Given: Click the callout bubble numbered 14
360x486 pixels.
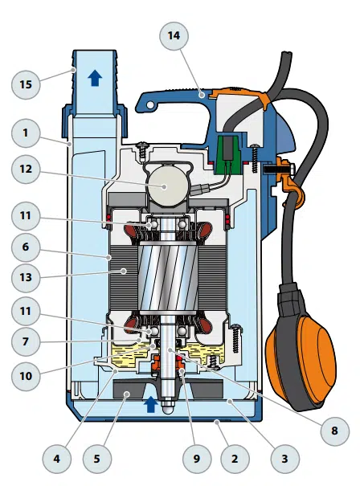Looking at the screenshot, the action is click(x=174, y=35).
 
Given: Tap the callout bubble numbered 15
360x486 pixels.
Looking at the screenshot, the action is click(x=26, y=84).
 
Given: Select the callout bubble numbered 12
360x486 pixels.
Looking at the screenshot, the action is click(x=26, y=169).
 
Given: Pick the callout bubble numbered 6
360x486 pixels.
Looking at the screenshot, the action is click(x=26, y=247).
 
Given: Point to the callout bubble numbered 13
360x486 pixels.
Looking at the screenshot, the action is click(x=26, y=277).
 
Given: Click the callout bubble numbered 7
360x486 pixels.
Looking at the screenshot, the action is click(x=26, y=341).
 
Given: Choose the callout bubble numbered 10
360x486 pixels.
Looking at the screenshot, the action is click(x=26, y=376).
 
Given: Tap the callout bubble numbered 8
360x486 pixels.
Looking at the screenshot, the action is click(x=334, y=431).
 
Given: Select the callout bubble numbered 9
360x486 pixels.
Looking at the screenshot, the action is click(x=197, y=459).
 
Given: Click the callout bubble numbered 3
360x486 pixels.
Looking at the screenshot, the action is click(x=285, y=459).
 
